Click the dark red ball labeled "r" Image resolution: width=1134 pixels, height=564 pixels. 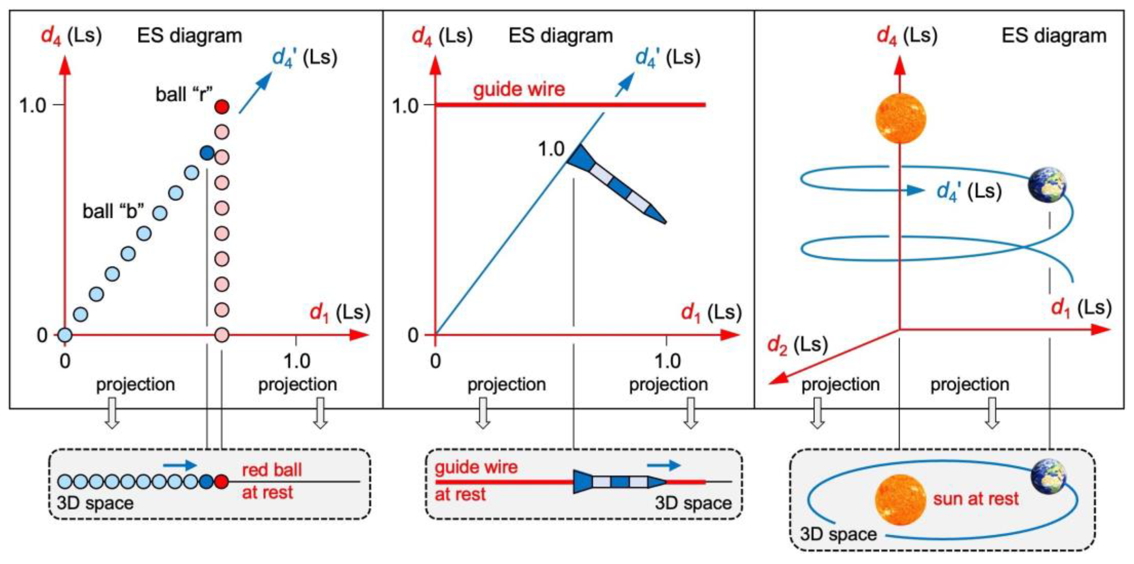(x=222, y=107)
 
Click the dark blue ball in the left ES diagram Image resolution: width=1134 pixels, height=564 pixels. (x=207, y=153)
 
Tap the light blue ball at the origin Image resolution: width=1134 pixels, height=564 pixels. (x=65, y=335)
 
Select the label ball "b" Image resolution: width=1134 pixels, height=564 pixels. (x=113, y=211)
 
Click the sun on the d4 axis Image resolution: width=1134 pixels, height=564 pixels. (x=901, y=118)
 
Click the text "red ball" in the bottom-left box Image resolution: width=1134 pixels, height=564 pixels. (x=272, y=470)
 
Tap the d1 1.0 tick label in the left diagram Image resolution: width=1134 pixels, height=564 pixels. (x=297, y=361)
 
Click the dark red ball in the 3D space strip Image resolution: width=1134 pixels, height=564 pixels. (x=222, y=482)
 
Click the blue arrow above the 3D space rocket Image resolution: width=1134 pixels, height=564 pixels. (x=663, y=465)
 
